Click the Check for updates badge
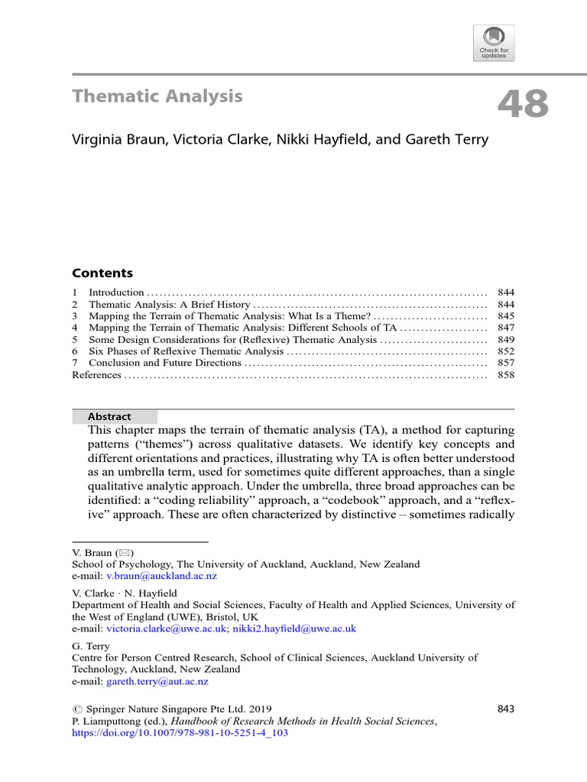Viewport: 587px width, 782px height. pos(494,42)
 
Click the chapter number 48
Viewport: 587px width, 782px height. pos(524,105)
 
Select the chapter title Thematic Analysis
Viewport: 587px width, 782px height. pos(157,96)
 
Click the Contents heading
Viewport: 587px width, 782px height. pos(102,273)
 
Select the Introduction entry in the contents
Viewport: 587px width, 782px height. pos(116,292)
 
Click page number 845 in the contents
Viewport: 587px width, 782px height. pos(505,316)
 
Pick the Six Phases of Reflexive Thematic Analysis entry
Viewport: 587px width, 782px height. pos(186,351)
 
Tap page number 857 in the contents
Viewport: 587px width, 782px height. pos(505,364)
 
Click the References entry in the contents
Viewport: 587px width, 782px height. pos(96,375)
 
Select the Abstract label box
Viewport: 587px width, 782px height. pos(115,417)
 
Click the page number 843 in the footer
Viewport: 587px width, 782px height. pos(505,709)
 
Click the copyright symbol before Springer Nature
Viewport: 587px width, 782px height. pos(76,709)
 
